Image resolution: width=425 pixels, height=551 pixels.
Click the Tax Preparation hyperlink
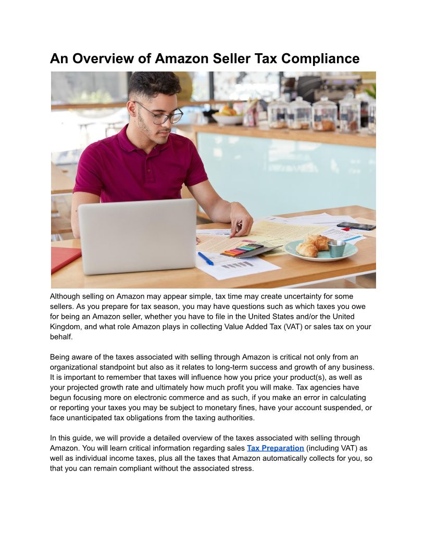[275, 448]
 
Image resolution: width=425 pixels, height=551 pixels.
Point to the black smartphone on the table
[356, 226]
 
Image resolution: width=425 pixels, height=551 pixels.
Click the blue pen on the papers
[205, 258]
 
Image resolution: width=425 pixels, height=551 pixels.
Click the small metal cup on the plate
[336, 248]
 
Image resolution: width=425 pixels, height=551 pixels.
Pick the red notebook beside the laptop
[65, 259]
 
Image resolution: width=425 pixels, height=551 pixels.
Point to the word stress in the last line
[242, 468]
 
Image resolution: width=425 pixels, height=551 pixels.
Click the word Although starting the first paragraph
[65, 296]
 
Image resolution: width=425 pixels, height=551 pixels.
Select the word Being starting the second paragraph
[60, 357]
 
